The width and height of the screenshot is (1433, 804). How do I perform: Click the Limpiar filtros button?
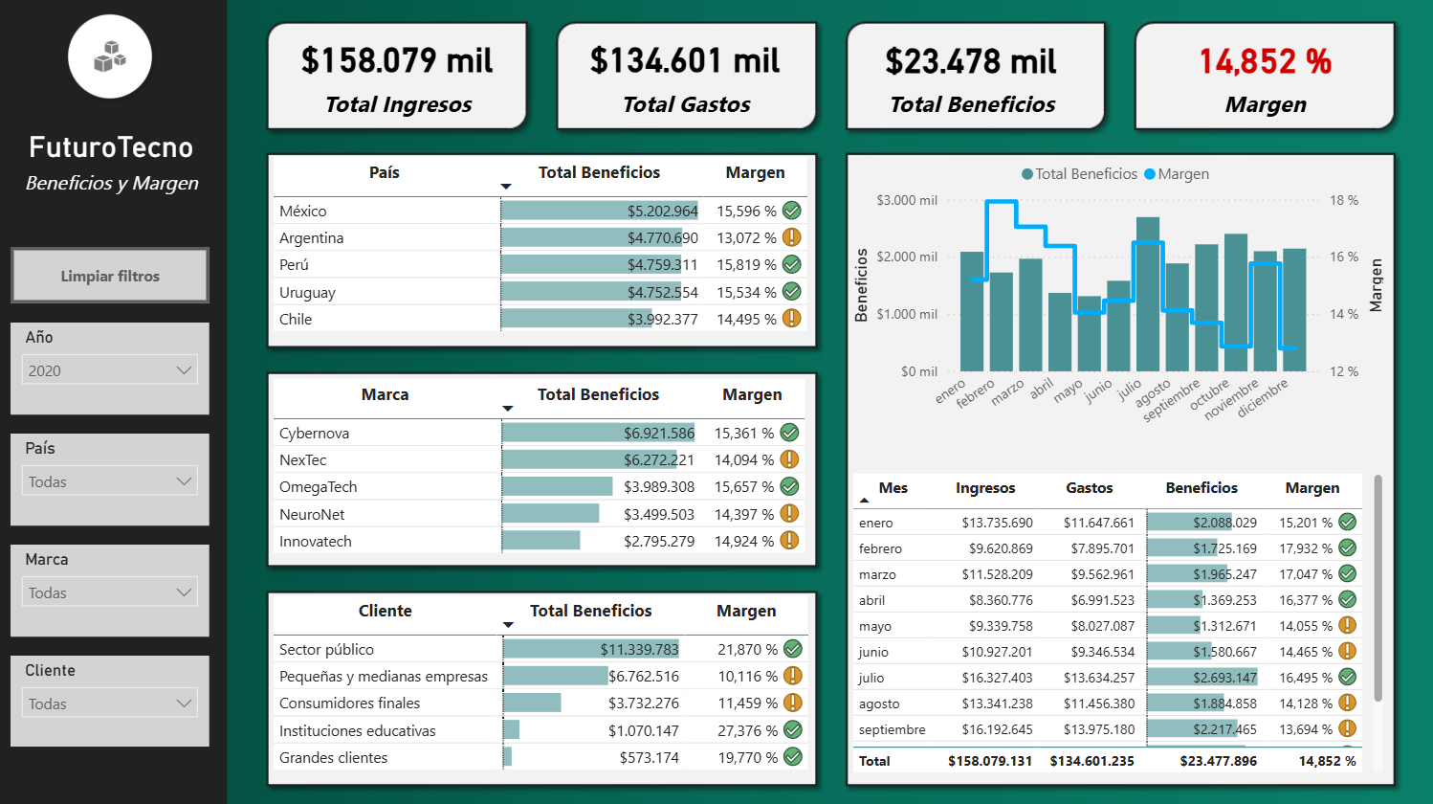[x=110, y=276]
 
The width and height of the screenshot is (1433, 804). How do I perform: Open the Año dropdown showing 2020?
[x=110, y=370]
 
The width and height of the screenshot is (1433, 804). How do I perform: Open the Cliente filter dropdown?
[x=110, y=703]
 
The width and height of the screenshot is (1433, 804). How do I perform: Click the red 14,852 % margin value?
[x=1265, y=62]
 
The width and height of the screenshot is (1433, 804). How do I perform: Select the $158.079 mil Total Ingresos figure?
[x=397, y=61]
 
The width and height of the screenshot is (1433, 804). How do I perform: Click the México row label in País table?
[x=303, y=212]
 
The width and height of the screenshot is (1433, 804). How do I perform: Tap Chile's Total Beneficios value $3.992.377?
[x=662, y=320]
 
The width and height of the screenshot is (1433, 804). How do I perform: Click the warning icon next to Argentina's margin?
[x=792, y=237]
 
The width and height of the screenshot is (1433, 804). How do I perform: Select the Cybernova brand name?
[x=314, y=434]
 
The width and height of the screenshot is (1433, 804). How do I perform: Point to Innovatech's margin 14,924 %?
[x=743, y=542]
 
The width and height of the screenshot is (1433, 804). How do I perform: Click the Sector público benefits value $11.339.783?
[x=639, y=650]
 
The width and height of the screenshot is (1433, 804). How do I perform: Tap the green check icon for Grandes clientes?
[x=793, y=757]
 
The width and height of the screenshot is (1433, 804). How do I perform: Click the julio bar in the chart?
[x=1147, y=297]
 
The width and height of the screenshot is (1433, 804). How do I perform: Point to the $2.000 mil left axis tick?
[x=907, y=257]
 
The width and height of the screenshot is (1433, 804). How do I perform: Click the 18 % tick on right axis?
[x=1343, y=201]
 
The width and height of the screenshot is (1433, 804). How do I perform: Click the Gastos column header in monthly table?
[x=1089, y=488]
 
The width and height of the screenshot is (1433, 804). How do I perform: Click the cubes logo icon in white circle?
[x=110, y=56]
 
